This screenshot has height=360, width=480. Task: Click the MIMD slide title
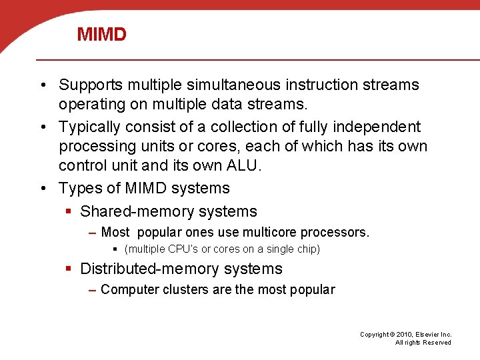(101, 35)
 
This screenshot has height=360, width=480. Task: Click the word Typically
(88, 127)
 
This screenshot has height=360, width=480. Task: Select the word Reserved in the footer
(437, 343)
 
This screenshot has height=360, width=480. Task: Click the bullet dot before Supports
(43, 85)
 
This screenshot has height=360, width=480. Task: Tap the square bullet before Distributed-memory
(69, 269)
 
